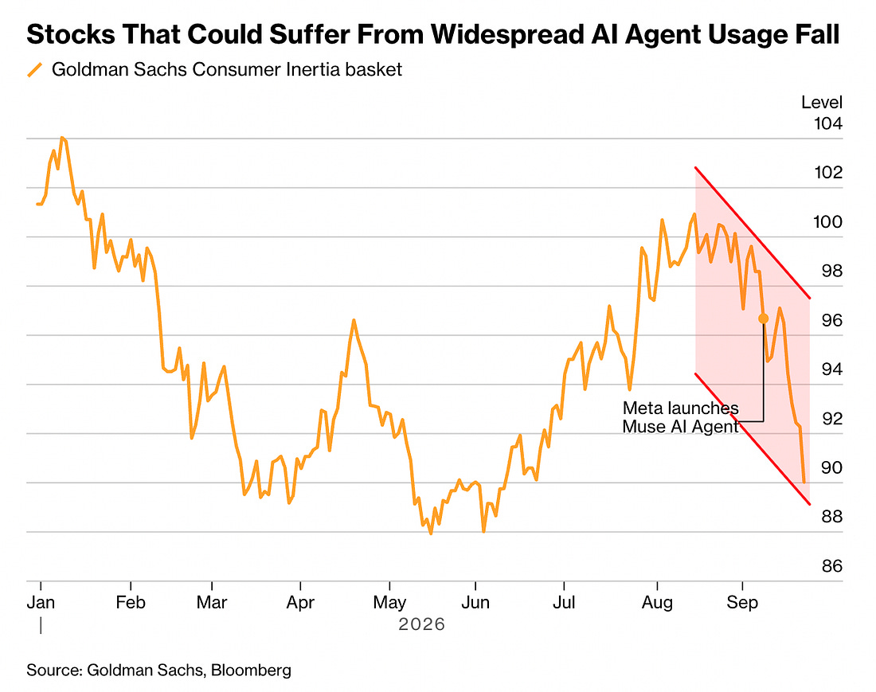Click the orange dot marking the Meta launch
pyautogui.click(x=763, y=319)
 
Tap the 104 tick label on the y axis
pyautogui.click(x=828, y=123)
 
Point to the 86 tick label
pyautogui.click(x=832, y=566)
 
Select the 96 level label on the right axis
pyautogui.click(x=832, y=320)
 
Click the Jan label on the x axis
pyautogui.click(x=41, y=602)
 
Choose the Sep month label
pyautogui.click(x=742, y=602)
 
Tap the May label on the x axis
pyautogui.click(x=389, y=602)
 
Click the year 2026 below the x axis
pyautogui.click(x=422, y=624)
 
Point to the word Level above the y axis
pyautogui.click(x=822, y=102)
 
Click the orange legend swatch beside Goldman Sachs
pyautogui.click(x=34, y=70)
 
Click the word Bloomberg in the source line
pyautogui.click(x=252, y=670)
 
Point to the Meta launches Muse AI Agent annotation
pyautogui.click(x=680, y=417)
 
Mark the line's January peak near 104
pyautogui.click(x=61, y=138)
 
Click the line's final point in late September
pyautogui.click(x=804, y=482)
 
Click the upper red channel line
pyautogui.click(x=753, y=233)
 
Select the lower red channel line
pyautogui.click(x=753, y=439)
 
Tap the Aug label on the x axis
pyautogui.click(x=657, y=602)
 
